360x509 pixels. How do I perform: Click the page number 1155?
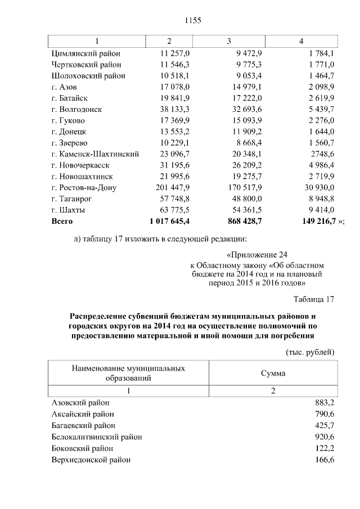[x=193, y=21]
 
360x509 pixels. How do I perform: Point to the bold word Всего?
[x=62, y=221]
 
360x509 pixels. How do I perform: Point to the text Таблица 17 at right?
[x=314, y=299]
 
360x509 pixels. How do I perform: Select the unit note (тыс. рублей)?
[x=310, y=352]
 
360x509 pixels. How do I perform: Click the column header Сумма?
[x=273, y=373]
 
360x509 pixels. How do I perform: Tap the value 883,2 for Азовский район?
[x=325, y=403]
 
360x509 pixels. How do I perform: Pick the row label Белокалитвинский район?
[x=96, y=436]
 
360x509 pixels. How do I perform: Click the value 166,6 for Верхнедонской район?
[x=325, y=460]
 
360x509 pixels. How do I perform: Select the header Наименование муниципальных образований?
[x=129, y=373]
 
